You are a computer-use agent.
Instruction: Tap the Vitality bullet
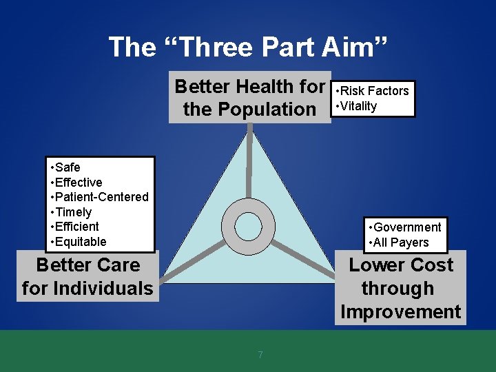(x=358, y=106)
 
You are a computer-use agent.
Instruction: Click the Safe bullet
(x=67, y=167)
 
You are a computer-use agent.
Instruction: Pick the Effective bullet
(x=78, y=183)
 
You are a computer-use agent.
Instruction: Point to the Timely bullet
(x=73, y=212)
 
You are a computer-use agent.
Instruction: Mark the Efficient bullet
(x=76, y=227)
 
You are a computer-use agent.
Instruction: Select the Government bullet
(x=406, y=227)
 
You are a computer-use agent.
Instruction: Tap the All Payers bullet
(x=400, y=242)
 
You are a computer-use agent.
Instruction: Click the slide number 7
(x=260, y=355)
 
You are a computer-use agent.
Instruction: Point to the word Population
(x=265, y=109)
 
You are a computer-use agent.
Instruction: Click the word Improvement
(x=400, y=311)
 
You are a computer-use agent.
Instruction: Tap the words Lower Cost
(x=401, y=265)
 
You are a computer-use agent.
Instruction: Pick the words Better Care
(x=87, y=265)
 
